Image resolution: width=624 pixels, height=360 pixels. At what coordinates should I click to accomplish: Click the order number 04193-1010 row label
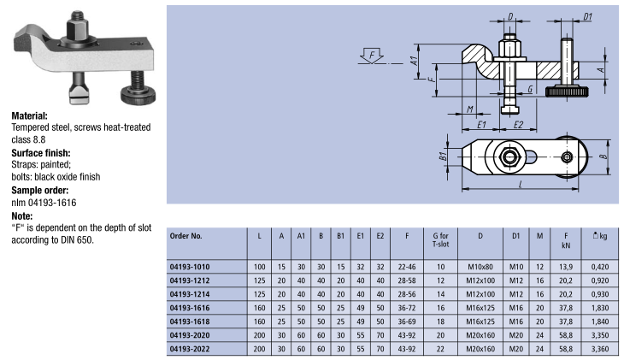191,267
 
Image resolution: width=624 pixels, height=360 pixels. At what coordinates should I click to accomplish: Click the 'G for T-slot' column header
441,239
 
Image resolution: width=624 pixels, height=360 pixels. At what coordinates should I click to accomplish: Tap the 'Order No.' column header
186,234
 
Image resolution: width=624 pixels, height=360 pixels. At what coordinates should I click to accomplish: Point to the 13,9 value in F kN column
565,267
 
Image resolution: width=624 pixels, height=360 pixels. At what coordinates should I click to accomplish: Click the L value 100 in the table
259,267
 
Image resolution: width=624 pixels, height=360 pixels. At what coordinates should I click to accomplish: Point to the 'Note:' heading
22,217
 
